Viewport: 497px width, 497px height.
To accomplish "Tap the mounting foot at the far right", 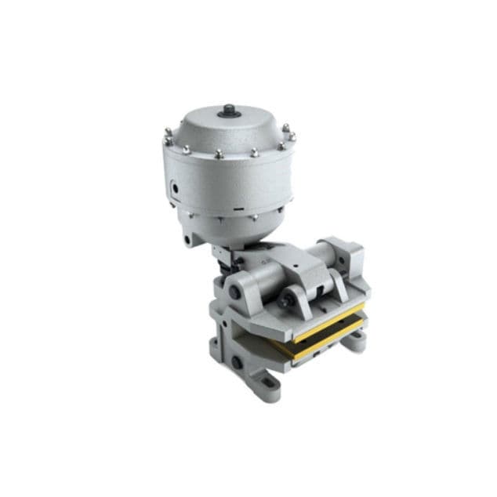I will tap(357, 339).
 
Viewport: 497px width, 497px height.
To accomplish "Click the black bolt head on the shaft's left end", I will tap(234, 293).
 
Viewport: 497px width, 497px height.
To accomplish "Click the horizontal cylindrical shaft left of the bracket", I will tap(259, 280).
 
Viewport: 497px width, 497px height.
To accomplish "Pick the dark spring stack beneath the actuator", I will tap(224, 259).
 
